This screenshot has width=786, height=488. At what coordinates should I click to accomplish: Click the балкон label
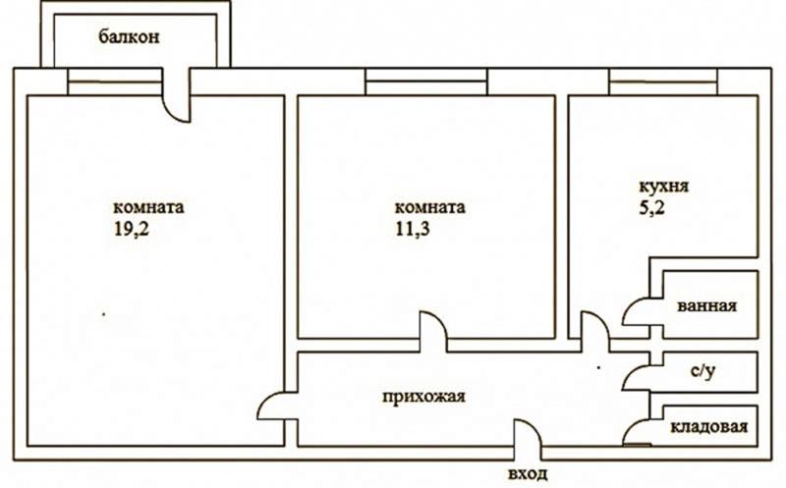[129, 37]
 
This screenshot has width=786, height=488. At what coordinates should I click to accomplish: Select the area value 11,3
[413, 229]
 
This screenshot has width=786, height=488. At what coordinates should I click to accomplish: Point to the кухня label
[664, 187]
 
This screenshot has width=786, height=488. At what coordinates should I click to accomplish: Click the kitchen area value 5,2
[651, 206]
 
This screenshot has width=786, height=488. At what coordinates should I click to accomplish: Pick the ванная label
[706, 305]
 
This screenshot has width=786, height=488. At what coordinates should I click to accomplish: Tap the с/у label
[702, 371]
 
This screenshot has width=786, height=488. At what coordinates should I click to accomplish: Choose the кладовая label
[708, 426]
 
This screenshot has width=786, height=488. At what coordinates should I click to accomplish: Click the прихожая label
[423, 397]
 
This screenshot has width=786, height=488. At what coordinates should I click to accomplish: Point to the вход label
[528, 473]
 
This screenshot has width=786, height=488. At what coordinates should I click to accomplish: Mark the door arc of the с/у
[630, 371]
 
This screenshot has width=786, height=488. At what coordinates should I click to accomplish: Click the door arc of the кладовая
[630, 427]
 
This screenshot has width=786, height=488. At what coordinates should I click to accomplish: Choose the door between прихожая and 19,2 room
[264, 399]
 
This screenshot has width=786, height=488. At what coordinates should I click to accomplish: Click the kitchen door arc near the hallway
[601, 320]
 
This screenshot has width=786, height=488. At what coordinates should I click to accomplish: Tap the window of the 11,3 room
[426, 81]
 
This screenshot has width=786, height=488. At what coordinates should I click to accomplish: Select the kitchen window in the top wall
[663, 81]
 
